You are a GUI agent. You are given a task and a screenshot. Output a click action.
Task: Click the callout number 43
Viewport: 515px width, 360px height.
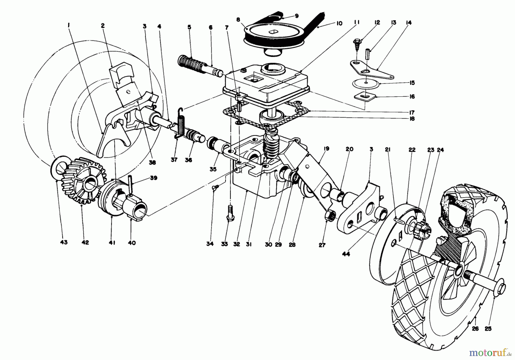coord(64,242)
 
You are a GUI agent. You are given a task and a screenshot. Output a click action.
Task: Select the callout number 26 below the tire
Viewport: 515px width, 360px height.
coord(475,329)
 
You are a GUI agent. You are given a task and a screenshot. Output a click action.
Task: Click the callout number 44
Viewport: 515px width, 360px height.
coord(346,254)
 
